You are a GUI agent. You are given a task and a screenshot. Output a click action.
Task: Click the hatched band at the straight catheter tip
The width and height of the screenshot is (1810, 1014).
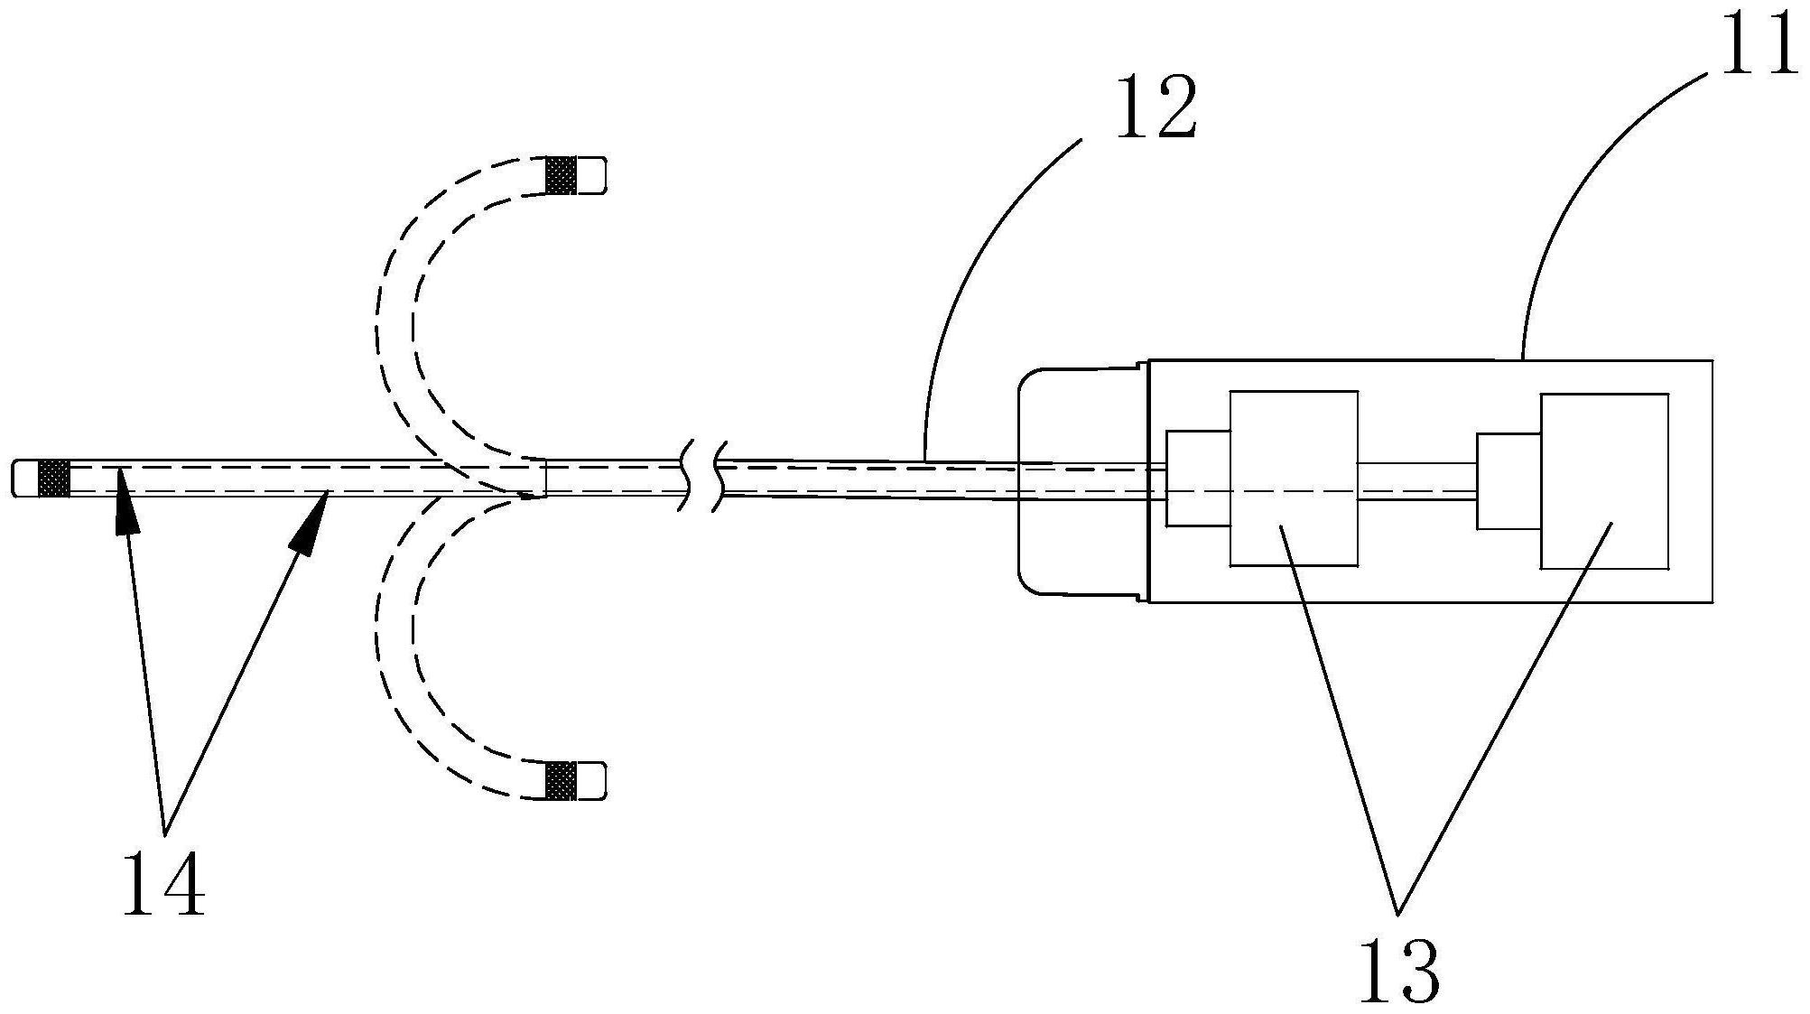pyautogui.click(x=53, y=478)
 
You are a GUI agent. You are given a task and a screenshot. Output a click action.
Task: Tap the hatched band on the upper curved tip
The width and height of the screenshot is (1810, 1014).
pyautogui.click(x=561, y=175)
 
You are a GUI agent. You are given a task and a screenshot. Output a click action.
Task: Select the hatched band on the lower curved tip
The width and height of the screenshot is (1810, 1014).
pyautogui.click(x=561, y=780)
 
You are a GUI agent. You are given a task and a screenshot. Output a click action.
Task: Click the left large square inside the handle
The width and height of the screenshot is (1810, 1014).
pyautogui.click(x=1294, y=479)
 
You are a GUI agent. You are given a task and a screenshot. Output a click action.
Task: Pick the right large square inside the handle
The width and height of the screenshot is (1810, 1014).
pyautogui.click(x=1604, y=481)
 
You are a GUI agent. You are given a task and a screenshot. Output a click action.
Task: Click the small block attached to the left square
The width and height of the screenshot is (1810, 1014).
pyautogui.click(x=1198, y=478)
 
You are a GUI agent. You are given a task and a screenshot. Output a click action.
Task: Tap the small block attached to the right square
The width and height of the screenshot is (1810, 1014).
pyautogui.click(x=1508, y=481)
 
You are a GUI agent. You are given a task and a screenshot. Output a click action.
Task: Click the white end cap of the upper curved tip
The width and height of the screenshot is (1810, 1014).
pyautogui.click(x=590, y=175)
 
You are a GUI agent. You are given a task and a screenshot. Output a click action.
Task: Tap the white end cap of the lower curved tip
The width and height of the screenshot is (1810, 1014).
pyautogui.click(x=590, y=780)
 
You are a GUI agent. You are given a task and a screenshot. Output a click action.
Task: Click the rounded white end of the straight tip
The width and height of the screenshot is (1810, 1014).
pyautogui.click(x=25, y=478)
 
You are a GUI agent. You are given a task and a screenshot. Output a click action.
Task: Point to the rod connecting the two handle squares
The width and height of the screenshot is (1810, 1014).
pyautogui.click(x=1417, y=481)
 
